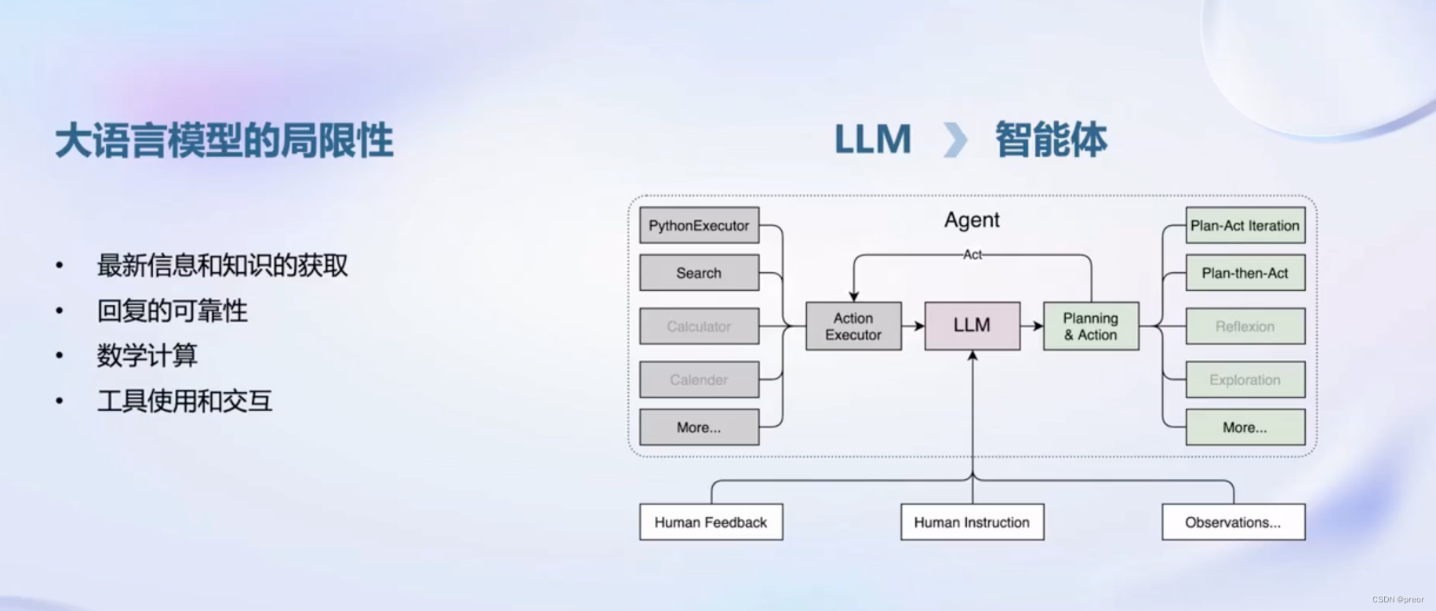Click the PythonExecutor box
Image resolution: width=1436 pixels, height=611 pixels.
699,225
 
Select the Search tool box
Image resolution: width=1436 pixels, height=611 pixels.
699,273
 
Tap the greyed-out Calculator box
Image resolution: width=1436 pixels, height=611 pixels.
699,326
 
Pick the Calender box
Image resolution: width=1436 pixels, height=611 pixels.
699,380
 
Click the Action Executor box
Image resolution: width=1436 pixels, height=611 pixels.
853,326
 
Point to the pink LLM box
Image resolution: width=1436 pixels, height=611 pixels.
972,326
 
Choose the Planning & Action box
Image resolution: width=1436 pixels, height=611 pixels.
1090,326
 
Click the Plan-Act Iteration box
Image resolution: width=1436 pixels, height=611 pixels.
1245,225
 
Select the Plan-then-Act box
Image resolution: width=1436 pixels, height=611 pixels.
1245,273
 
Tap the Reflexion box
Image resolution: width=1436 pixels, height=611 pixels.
1245,326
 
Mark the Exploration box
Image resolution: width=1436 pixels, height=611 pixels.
1245,380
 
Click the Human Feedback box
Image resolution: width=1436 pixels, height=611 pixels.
711,522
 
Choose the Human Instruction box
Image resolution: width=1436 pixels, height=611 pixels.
972,522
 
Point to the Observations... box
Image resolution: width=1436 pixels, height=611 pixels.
1233,522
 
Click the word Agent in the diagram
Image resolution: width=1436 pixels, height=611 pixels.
972,220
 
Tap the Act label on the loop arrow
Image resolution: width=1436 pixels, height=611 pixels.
972,254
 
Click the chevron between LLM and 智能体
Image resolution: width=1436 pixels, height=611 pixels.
954,140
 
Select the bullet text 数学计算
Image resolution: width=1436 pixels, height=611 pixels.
147,355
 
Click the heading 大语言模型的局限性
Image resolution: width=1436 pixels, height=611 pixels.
224,141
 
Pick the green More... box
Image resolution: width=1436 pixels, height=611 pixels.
1245,427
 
